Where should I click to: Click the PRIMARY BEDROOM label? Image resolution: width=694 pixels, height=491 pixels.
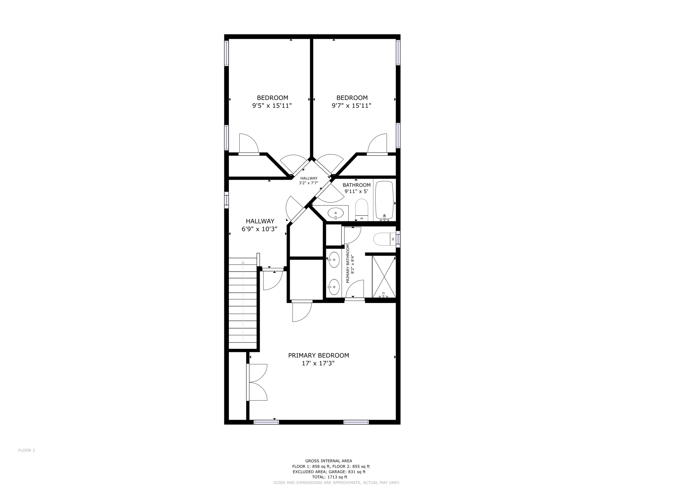(x=318, y=356)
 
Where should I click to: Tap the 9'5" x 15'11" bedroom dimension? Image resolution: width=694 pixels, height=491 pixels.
(x=272, y=106)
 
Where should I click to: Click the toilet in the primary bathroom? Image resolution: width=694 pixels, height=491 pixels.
(x=384, y=239)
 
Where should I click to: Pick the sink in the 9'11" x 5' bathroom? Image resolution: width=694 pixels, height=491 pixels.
(x=335, y=213)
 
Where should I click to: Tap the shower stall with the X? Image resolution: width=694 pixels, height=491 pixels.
(x=384, y=276)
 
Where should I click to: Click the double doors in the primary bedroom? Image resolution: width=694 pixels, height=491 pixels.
(x=257, y=382)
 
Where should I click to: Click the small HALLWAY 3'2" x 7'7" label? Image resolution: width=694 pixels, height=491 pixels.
(x=309, y=181)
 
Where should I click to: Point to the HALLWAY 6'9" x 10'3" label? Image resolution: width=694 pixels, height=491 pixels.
(x=260, y=225)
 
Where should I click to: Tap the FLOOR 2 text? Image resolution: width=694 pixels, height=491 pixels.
(x=27, y=450)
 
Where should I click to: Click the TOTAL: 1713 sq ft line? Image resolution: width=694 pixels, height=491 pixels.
(x=329, y=477)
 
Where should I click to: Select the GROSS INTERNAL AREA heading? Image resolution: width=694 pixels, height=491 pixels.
(x=328, y=461)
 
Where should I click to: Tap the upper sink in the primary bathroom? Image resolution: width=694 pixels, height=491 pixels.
(x=334, y=260)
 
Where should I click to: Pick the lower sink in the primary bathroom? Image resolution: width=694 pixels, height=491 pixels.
(x=334, y=287)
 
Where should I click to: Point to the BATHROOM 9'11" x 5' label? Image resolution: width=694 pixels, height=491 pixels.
(x=356, y=188)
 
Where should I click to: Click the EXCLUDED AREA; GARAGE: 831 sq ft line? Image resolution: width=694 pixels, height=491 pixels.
(x=329, y=472)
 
